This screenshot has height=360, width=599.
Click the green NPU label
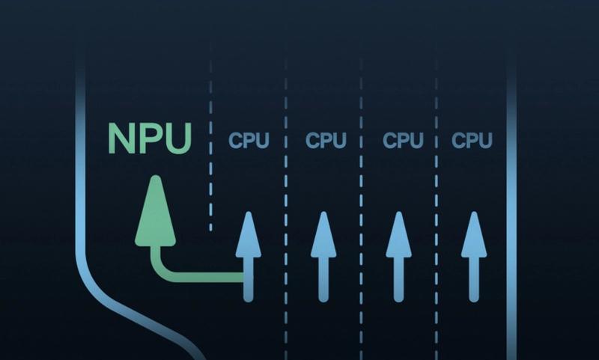(x=150, y=137)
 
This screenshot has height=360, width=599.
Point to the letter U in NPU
(x=178, y=138)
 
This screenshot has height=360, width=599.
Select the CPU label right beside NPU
(x=248, y=140)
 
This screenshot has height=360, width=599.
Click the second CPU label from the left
(x=326, y=140)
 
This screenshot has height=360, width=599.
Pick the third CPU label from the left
(x=403, y=140)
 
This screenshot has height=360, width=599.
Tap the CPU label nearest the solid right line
(x=472, y=140)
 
